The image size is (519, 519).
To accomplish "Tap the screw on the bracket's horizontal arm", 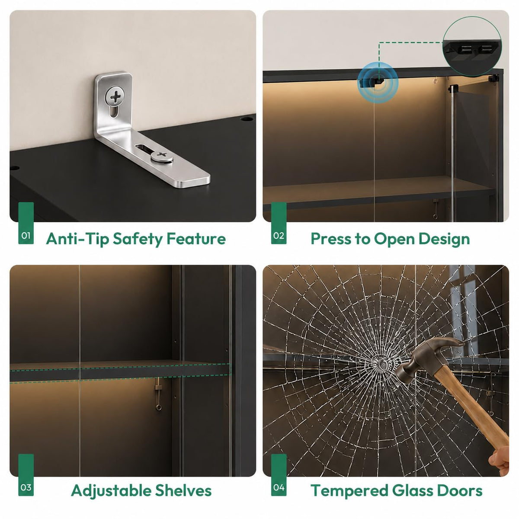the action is (x=162, y=156).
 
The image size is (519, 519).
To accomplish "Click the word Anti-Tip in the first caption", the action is (x=77, y=238).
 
